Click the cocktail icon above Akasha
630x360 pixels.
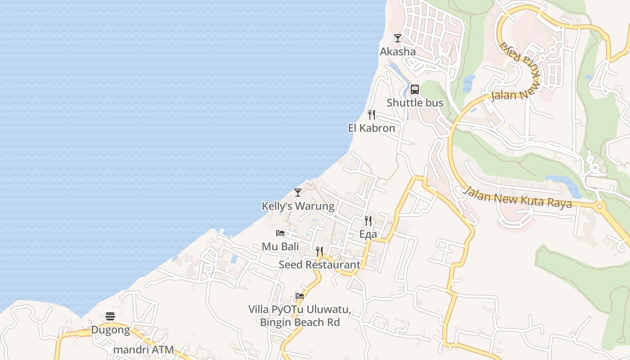click(397, 38)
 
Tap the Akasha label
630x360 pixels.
click(398, 52)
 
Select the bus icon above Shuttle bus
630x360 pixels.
click(415, 89)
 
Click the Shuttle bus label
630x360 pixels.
click(415, 103)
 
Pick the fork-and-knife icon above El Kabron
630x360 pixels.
click(372, 115)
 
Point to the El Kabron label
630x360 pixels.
click(372, 128)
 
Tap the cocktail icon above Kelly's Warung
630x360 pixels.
click(298, 193)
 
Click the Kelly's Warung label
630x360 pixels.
click(298, 206)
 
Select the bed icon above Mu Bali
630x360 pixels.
click(280, 233)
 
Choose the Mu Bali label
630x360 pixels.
click(280, 247)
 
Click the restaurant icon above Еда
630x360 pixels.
click(368, 220)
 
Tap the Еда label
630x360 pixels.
click(368, 234)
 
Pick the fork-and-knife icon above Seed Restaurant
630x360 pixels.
click(319, 251)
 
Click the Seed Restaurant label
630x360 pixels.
click(319, 265)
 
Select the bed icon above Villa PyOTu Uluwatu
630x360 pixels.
click(300, 296)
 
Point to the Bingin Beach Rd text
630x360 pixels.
click(300, 322)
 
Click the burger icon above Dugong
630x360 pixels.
click(111, 316)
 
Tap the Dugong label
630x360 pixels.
click(111, 330)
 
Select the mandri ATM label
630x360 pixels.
click(144, 350)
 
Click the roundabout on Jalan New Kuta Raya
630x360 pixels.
click(599, 207)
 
